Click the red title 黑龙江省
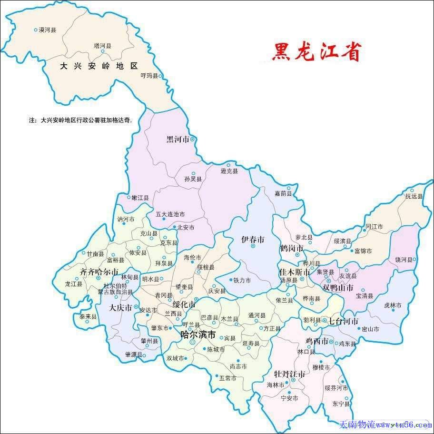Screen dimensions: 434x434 pyautogui.click(x=316, y=52)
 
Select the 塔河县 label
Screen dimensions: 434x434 pyautogui.click(x=102, y=46)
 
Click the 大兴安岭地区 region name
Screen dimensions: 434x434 pyautogui.click(x=99, y=66)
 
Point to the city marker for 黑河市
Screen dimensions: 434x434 pyautogui.click(x=193, y=139)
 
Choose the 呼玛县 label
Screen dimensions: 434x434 pyautogui.click(x=149, y=76)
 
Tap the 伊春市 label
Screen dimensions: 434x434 pyautogui.click(x=252, y=240)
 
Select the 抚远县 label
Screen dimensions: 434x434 pyautogui.click(x=414, y=196)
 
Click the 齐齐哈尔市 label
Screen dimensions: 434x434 pyautogui.click(x=99, y=272)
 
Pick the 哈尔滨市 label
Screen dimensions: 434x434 pyautogui.click(x=198, y=335)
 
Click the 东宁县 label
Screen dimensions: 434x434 pyautogui.click(x=341, y=404)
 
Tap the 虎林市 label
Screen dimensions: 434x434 pyautogui.click(x=393, y=305)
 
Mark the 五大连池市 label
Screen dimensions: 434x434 pyautogui.click(x=170, y=215)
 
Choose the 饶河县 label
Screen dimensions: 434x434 pyautogui.click(x=404, y=260)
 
